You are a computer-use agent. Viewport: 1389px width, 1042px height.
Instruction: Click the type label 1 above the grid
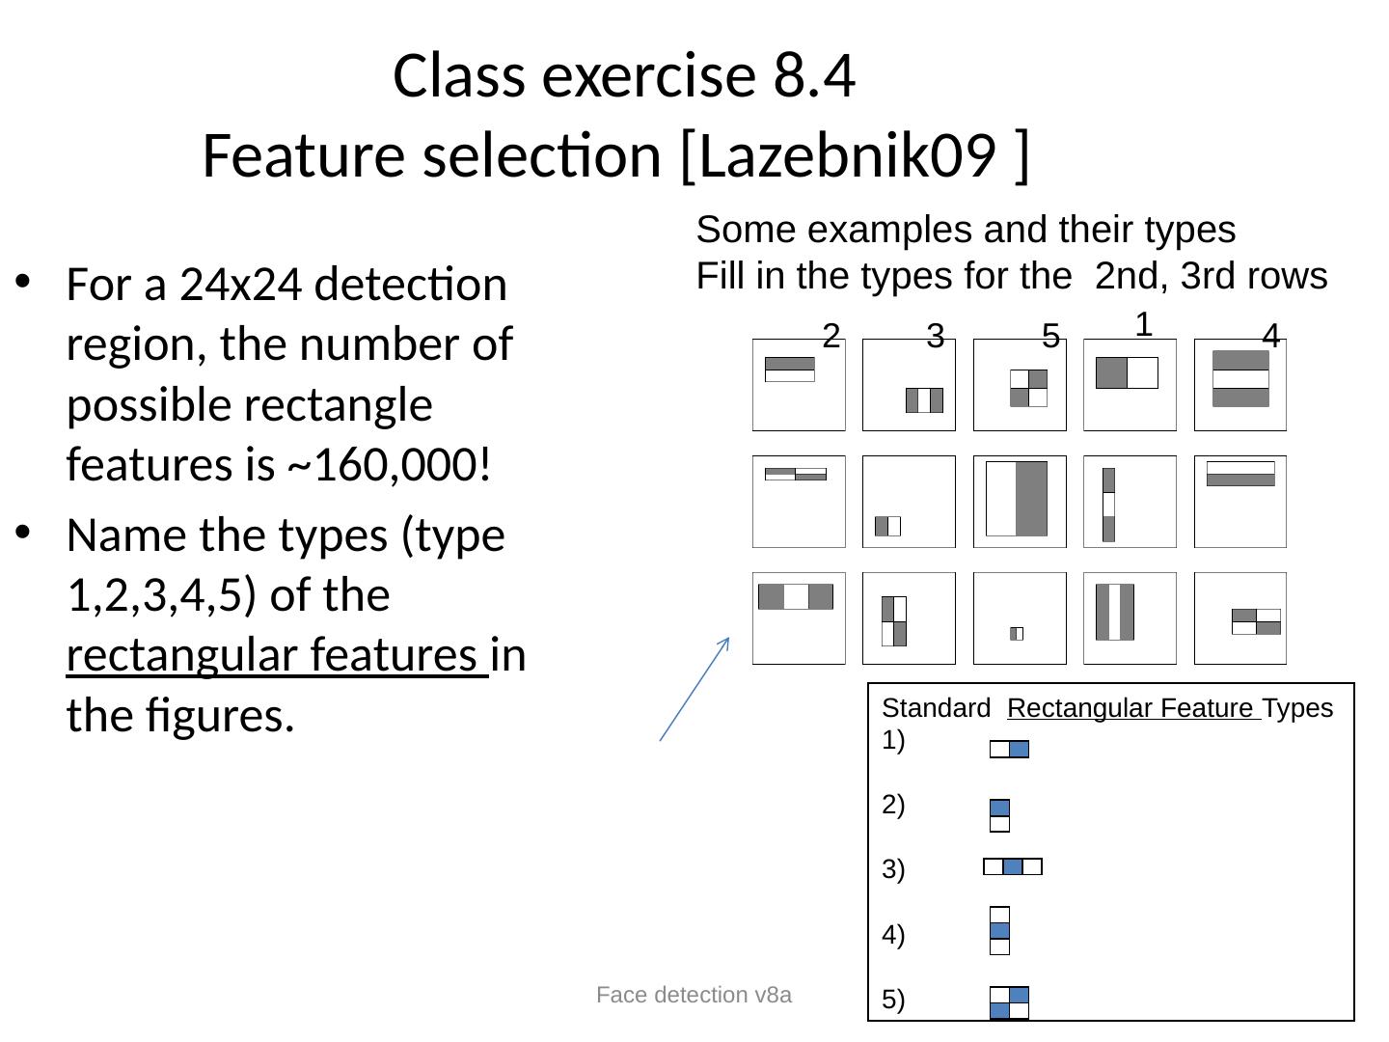[x=1143, y=322]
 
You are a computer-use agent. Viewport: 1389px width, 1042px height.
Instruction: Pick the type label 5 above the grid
[x=1051, y=336]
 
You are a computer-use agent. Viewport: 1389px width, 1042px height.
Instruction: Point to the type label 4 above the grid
[x=1270, y=337]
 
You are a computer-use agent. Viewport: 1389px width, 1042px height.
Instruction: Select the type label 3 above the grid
[x=934, y=336]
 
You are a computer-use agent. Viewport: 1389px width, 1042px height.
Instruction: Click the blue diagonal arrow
[x=694, y=689]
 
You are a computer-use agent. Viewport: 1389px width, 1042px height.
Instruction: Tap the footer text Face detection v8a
[x=694, y=995]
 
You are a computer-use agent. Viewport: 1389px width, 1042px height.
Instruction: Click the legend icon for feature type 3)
[x=1012, y=866]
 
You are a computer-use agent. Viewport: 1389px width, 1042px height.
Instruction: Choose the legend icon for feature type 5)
[x=1009, y=1002]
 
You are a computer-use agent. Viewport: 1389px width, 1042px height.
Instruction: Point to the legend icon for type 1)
[x=1009, y=750]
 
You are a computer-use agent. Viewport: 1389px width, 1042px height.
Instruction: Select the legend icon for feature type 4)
[x=999, y=930]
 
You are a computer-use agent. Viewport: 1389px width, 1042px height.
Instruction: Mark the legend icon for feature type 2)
[x=999, y=815]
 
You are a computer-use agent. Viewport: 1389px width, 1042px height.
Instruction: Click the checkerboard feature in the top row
[x=1028, y=388]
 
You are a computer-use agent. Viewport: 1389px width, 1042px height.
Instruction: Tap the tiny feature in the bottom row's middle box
[x=1017, y=634]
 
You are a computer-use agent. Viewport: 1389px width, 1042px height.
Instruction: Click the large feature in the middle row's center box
[x=1017, y=499]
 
